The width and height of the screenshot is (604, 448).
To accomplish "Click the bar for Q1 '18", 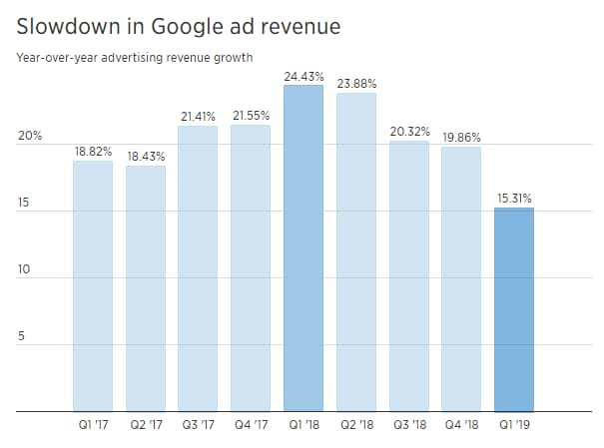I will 303,249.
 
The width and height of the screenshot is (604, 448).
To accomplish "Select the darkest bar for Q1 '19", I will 514,309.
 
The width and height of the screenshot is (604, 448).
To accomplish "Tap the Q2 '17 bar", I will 146,289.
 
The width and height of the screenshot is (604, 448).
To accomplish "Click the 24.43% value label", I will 303,74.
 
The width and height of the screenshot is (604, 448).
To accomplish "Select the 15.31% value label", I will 514,198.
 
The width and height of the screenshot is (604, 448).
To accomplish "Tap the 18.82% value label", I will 93,151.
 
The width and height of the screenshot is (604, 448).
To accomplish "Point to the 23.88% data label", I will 356,83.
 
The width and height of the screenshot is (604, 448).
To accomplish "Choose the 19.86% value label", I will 461,137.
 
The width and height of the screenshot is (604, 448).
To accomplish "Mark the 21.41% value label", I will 199,117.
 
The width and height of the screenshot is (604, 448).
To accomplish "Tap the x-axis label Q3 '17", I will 198,426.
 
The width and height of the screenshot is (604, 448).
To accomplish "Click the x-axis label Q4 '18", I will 461,426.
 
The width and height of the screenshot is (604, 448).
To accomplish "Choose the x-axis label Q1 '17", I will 93,426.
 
